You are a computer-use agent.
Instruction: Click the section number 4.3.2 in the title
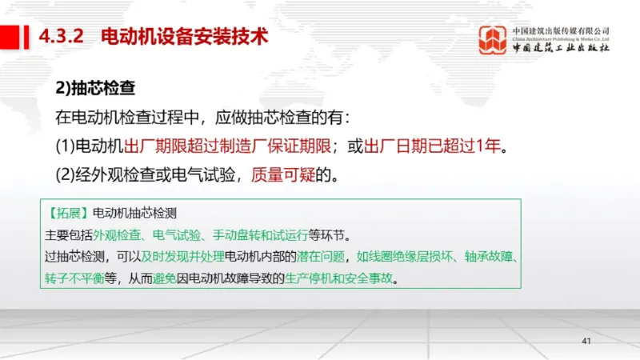(x=61, y=37)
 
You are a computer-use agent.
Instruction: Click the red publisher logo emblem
(x=493, y=39)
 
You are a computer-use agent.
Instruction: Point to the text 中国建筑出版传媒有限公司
(x=561, y=30)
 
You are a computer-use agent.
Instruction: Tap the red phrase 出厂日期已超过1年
(x=435, y=146)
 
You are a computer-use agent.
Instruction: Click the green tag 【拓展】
(x=67, y=214)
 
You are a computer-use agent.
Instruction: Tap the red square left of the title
(x=10, y=36)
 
